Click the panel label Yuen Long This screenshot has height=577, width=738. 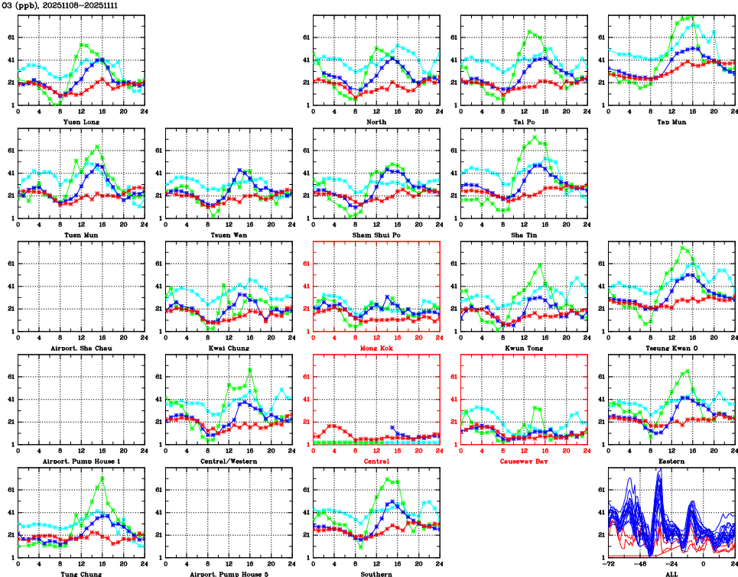[80, 122]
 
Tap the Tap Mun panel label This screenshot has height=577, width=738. [671, 122]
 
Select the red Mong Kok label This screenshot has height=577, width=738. [376, 348]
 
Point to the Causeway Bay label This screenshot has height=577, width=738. [523, 461]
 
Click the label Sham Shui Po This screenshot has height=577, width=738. [376, 235]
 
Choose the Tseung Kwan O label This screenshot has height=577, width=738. [671, 348]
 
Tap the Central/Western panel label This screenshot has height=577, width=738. [228, 461]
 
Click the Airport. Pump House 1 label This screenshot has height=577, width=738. [80, 461]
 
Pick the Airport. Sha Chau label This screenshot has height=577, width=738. [80, 348]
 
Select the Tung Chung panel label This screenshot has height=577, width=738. [80, 574]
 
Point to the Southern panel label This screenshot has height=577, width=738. [376, 574]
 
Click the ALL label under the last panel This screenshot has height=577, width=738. [671, 574]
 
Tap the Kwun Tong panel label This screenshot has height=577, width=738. [523, 348]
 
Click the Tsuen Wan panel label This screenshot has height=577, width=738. [228, 235]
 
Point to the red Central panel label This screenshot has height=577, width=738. [376, 461]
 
